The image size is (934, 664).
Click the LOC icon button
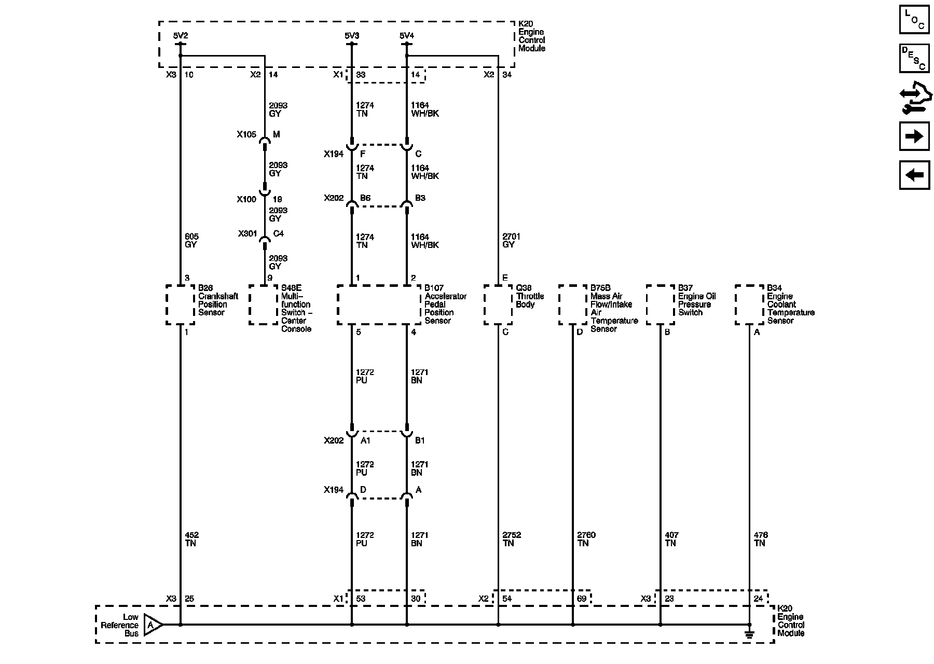click(914, 20)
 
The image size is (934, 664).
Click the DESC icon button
click(914, 58)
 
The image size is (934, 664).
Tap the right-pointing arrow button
click(914, 136)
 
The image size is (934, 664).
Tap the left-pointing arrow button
click(914, 175)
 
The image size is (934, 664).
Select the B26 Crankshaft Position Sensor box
click(180, 305)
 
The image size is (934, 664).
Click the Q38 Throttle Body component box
click(498, 305)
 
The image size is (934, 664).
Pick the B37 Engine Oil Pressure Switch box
click(661, 305)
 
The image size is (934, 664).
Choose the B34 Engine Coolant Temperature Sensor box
click(749, 305)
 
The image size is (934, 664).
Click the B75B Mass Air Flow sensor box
click(573, 305)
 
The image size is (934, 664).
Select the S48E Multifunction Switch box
click(264, 305)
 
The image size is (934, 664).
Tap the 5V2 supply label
click(180, 36)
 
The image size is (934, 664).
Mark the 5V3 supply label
click(351, 36)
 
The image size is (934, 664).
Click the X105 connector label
click(246, 135)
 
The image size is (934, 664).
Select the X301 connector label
click(248, 234)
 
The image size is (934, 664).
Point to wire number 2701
click(511, 237)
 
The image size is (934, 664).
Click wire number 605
click(191, 237)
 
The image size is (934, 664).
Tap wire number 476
click(761, 535)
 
